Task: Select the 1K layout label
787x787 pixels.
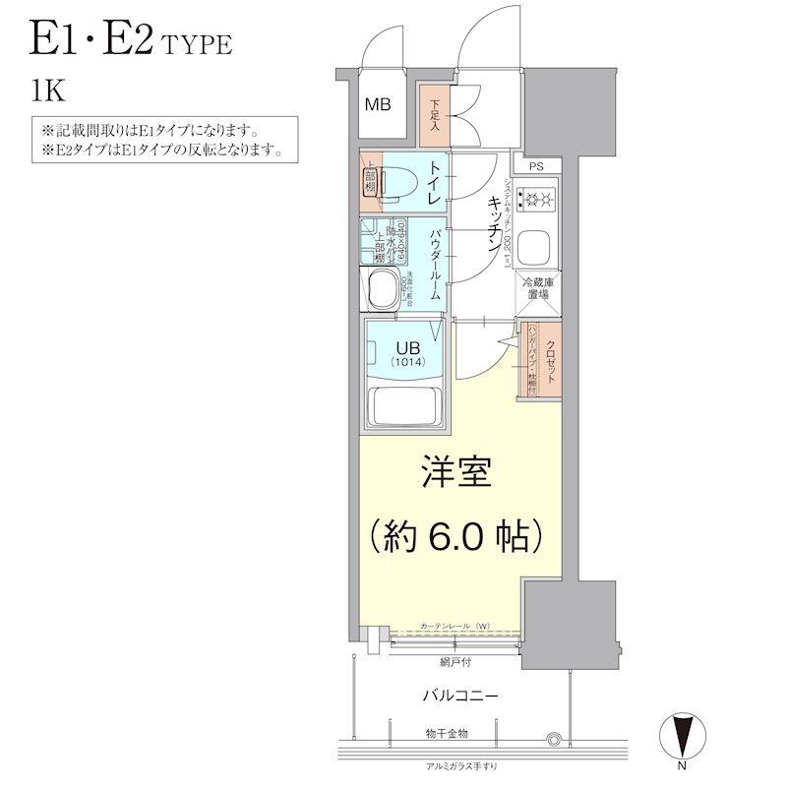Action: (47, 93)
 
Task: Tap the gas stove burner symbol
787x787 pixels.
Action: (538, 200)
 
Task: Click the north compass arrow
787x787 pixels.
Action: (682, 734)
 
